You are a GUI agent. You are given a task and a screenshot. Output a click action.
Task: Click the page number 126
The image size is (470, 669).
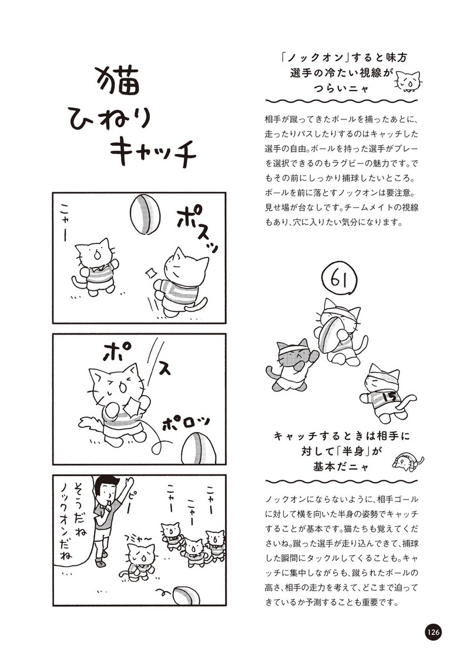[432, 632]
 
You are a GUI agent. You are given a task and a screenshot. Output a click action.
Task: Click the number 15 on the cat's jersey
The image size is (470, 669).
[390, 397]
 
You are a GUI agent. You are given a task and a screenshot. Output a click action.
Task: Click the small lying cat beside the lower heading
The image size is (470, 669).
[408, 462]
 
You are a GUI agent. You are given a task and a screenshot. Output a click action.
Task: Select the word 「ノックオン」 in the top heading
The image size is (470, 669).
[310, 58]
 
